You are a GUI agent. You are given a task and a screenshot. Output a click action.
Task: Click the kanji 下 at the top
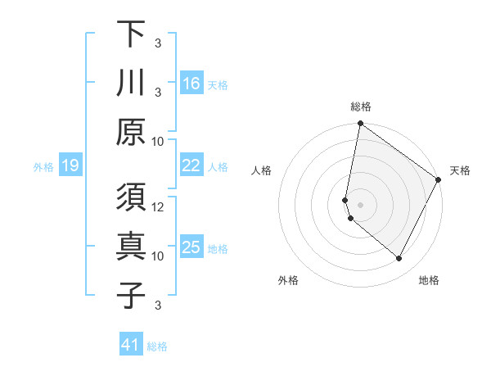pyautogui.click(x=131, y=35)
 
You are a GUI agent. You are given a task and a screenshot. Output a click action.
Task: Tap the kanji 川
pyautogui.click(x=131, y=84)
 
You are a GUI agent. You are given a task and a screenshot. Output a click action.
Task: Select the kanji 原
pyautogui.click(x=131, y=132)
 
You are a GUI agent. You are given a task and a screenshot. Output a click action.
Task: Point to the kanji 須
pyautogui.click(x=131, y=199)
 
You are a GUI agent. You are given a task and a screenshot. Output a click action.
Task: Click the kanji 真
pyautogui.click(x=131, y=248)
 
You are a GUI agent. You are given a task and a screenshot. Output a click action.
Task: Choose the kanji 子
pyautogui.click(x=131, y=296)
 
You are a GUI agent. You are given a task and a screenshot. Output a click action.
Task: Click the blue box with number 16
pyautogui.click(x=191, y=84)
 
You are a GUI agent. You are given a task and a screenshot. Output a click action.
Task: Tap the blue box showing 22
pyautogui.click(x=191, y=165)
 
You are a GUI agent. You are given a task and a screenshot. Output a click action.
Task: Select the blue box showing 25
pyautogui.click(x=191, y=247)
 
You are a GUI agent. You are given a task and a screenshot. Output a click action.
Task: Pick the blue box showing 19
pyautogui.click(x=70, y=166)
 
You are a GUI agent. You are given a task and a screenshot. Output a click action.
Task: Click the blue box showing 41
pyautogui.click(x=131, y=345)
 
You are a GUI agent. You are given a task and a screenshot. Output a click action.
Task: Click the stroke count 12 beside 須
pyautogui.click(x=158, y=206)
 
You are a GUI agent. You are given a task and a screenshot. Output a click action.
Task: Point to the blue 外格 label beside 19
pyautogui.click(x=43, y=167)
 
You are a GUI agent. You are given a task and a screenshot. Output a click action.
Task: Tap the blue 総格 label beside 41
pyautogui.click(x=157, y=346)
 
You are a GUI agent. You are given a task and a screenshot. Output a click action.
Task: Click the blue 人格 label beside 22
pyautogui.click(x=218, y=167)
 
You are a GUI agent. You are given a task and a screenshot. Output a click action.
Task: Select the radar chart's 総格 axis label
pyautogui.click(x=360, y=106)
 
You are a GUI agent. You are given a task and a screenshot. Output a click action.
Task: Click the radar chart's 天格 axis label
pyautogui.click(x=460, y=170)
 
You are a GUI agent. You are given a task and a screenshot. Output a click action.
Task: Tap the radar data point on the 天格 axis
pyautogui.click(x=439, y=179)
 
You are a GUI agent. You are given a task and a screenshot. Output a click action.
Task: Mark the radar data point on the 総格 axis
pyautogui.click(x=360, y=125)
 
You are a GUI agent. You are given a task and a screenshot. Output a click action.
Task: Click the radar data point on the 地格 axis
pyautogui.click(x=399, y=259)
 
